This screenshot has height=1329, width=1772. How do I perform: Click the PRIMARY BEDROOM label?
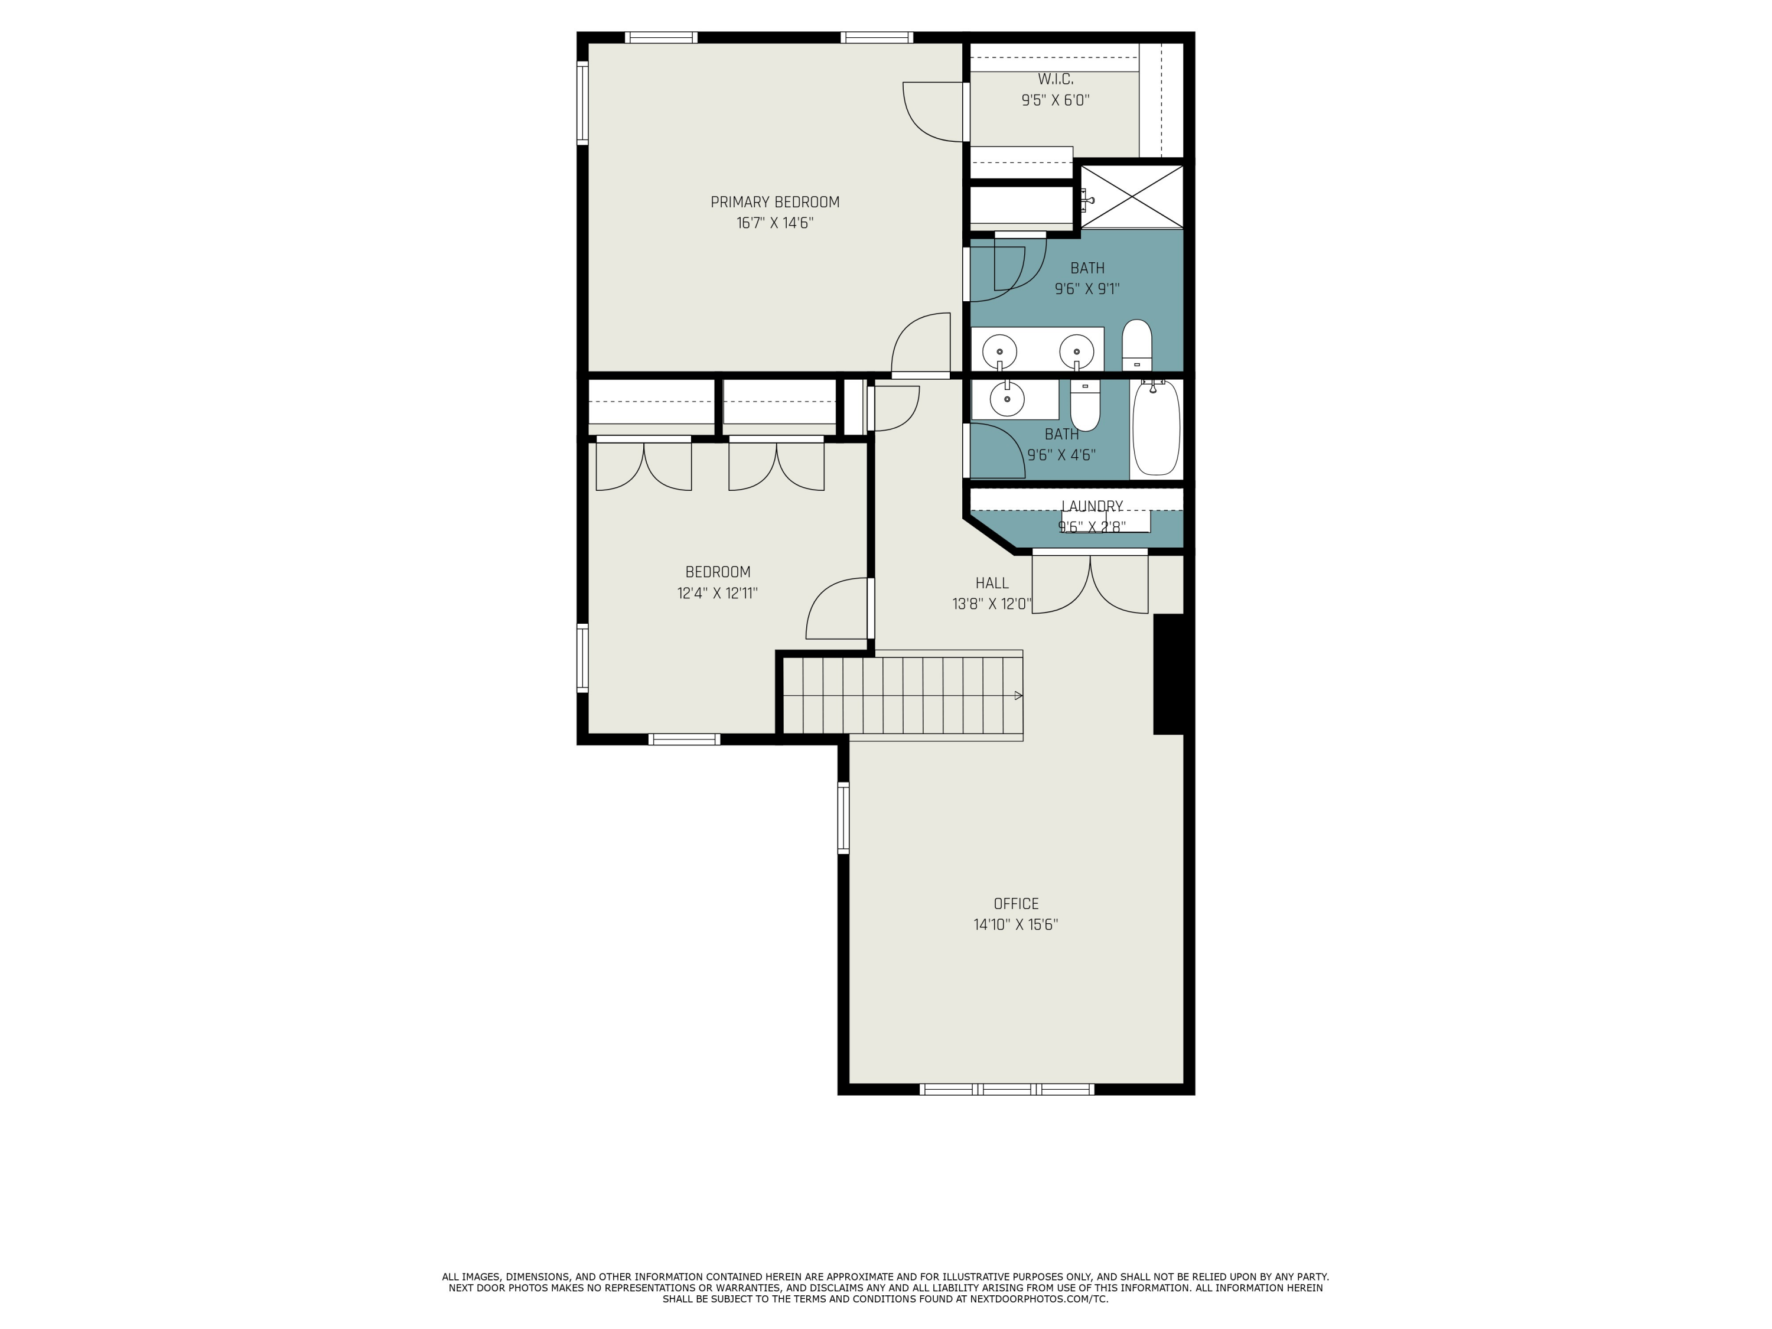[774, 202]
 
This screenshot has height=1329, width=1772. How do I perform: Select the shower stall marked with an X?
[1131, 196]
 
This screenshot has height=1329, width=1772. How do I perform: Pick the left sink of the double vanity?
[1000, 351]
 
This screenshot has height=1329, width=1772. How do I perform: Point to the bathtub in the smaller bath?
[1156, 429]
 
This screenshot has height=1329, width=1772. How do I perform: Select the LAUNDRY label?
[1092, 506]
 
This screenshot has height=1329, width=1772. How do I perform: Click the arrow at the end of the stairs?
[1018, 695]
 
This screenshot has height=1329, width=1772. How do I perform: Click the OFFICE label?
[1016, 904]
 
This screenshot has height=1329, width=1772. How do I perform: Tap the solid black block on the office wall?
[1169, 674]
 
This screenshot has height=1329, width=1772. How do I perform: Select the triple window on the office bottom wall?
[1007, 1089]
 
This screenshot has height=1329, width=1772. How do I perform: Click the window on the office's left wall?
[843, 817]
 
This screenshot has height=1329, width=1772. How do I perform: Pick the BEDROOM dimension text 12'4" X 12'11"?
[717, 594]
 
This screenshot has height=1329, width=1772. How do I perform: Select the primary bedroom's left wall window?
[582, 104]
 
